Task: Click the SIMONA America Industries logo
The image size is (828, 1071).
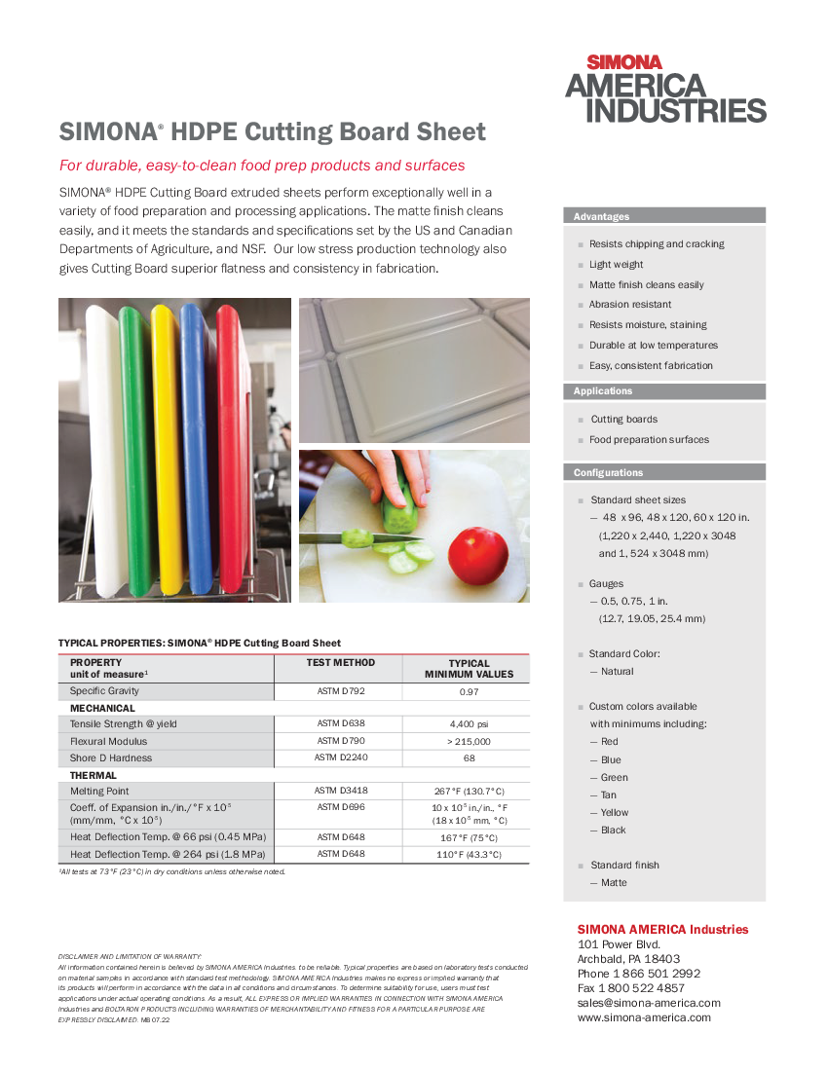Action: (x=665, y=89)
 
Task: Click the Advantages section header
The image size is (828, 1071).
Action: (x=602, y=216)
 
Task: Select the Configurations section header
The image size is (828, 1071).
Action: (x=609, y=472)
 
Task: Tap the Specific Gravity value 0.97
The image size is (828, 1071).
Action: (x=469, y=691)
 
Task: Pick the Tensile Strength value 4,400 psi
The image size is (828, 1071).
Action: (x=469, y=724)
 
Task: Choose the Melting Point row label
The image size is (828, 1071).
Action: (x=99, y=791)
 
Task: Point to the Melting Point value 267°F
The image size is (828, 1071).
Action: (x=469, y=791)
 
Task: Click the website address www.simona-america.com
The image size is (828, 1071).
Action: (x=644, y=1017)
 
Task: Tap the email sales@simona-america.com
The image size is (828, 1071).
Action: (x=649, y=1003)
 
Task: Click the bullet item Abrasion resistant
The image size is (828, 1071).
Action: (x=630, y=305)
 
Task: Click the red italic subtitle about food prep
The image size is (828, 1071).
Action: (x=262, y=166)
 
